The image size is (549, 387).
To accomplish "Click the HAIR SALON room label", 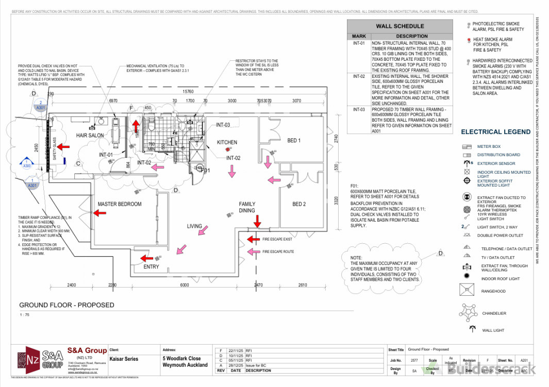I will pyautogui.click(x=90, y=136).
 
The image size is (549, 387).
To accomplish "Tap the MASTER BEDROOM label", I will pyautogui.click(x=120, y=205).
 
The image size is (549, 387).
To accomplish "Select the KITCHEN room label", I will pyautogui.click(x=227, y=143).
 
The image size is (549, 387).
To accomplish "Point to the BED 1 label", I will pyautogui.click(x=294, y=141).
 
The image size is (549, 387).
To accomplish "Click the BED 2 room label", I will pyautogui.click(x=299, y=205).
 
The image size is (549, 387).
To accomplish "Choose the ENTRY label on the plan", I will pyautogui.click(x=151, y=267).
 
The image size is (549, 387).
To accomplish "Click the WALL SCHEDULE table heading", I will pyautogui.click(x=400, y=26).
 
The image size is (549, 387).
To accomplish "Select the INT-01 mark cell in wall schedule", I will pyautogui.click(x=359, y=44).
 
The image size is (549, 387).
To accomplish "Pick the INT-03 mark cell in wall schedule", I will pyautogui.click(x=359, y=109).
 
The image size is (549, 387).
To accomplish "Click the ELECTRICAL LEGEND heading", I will pyautogui.click(x=495, y=132).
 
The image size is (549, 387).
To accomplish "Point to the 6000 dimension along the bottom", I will pyautogui.click(x=185, y=285).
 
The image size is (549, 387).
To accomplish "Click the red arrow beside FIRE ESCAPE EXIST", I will pyautogui.click(x=253, y=239).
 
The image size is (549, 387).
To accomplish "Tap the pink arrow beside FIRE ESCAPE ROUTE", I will pyautogui.click(x=253, y=251).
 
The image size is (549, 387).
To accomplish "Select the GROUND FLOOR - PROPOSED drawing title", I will pyautogui.click(x=66, y=305).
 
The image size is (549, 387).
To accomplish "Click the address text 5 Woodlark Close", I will pyautogui.click(x=181, y=359).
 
